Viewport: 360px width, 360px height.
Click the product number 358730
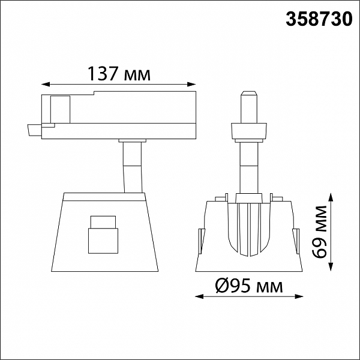point(319,19)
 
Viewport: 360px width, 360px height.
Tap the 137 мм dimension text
point(119,74)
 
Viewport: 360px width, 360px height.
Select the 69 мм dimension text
point(319,232)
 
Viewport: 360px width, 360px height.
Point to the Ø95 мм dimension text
point(249,286)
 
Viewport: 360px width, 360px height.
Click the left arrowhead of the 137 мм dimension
point(46,85)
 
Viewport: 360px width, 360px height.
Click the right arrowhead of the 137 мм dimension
point(191,85)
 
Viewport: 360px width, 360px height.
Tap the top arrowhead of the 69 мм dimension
point(331,197)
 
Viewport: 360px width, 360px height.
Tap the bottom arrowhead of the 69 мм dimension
point(331,267)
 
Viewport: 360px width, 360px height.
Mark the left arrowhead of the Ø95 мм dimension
point(199,296)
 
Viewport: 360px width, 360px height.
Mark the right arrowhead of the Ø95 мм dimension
point(299,296)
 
